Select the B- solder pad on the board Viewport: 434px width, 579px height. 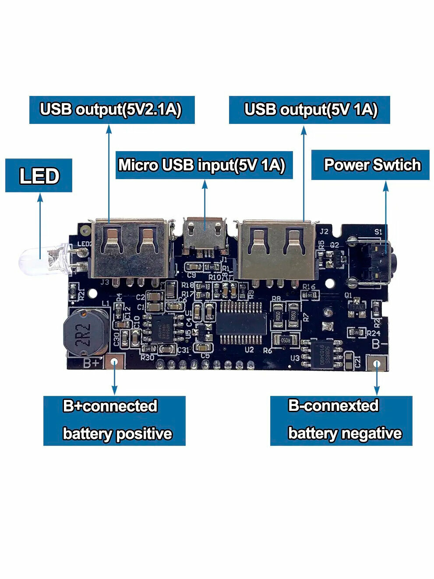[x=377, y=363]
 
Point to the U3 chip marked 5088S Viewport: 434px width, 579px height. [x=325, y=354]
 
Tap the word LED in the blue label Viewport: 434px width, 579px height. [x=39, y=176]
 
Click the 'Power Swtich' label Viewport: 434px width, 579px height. [x=371, y=165]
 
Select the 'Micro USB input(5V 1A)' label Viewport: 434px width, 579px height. [x=202, y=165]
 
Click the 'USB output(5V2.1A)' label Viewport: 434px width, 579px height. [x=111, y=109]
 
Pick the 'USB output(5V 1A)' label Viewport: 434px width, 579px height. [x=311, y=109]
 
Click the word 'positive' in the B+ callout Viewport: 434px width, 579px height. [x=144, y=434]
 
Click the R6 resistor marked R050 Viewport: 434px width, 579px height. [x=284, y=339]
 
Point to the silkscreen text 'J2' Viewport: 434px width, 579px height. [x=324, y=231]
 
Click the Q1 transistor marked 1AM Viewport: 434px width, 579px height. [x=358, y=308]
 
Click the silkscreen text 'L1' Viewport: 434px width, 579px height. [x=106, y=303]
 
